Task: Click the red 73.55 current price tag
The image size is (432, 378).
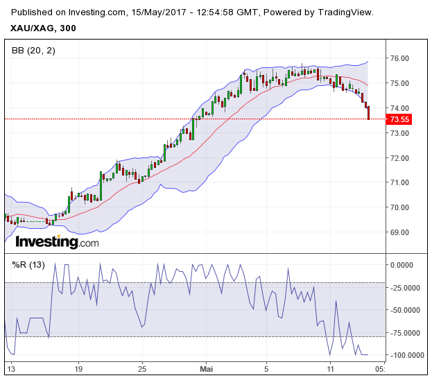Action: pos(400,119)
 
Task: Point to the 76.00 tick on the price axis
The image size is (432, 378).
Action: pos(399,58)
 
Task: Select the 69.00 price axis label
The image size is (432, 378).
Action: pos(399,232)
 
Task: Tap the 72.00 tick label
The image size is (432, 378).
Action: pos(399,157)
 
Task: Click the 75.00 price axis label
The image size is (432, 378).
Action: pos(399,83)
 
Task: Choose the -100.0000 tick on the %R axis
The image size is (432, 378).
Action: pos(406,355)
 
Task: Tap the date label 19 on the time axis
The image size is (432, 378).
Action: pos(78,368)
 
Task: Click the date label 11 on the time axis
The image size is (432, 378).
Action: pos(331,368)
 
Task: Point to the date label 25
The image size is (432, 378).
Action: pos(141,368)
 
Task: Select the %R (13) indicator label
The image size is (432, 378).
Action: pos(28,264)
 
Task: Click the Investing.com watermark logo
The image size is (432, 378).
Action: pos(57,242)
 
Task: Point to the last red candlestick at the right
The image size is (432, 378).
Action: pos(369,112)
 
